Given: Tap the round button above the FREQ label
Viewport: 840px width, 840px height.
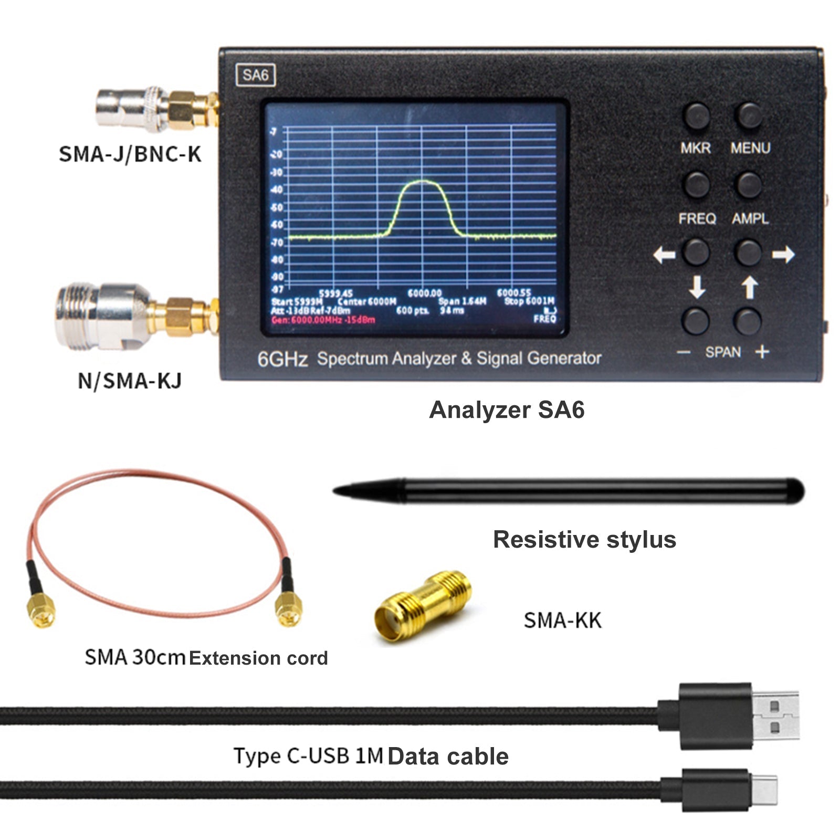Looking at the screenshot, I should tap(697, 184).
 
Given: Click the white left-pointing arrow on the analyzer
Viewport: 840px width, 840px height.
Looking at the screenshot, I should tap(664, 255).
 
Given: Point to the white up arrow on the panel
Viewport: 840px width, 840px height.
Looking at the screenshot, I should tap(750, 287).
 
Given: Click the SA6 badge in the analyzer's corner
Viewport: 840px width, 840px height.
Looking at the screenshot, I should tap(256, 76).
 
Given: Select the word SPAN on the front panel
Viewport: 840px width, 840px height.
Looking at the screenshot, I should tap(723, 352).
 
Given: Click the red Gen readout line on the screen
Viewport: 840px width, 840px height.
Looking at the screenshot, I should tap(323, 320).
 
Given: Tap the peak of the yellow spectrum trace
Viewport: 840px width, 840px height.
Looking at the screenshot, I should tap(423, 181).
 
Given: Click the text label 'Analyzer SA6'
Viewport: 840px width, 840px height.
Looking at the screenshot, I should tap(507, 410).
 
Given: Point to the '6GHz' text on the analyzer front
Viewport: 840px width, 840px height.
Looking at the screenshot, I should tap(282, 360).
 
